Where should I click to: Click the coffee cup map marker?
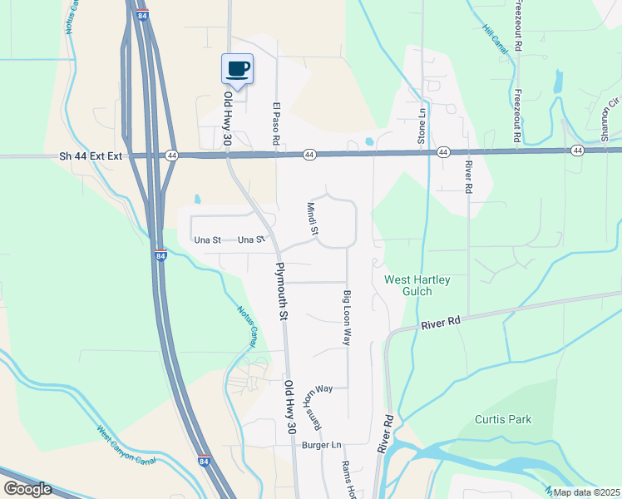[237, 69]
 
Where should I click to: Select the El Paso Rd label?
[275, 125]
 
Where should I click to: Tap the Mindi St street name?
[313, 219]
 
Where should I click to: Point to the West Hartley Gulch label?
[417, 285]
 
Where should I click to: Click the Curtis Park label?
[503, 419]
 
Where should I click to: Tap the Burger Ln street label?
[322, 445]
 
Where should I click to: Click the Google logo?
[27, 488]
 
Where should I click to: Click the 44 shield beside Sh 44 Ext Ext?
[171, 156]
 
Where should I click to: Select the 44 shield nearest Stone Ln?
[443, 152]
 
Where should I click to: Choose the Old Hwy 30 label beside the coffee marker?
[229, 109]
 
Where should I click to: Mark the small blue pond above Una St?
[197, 200]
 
